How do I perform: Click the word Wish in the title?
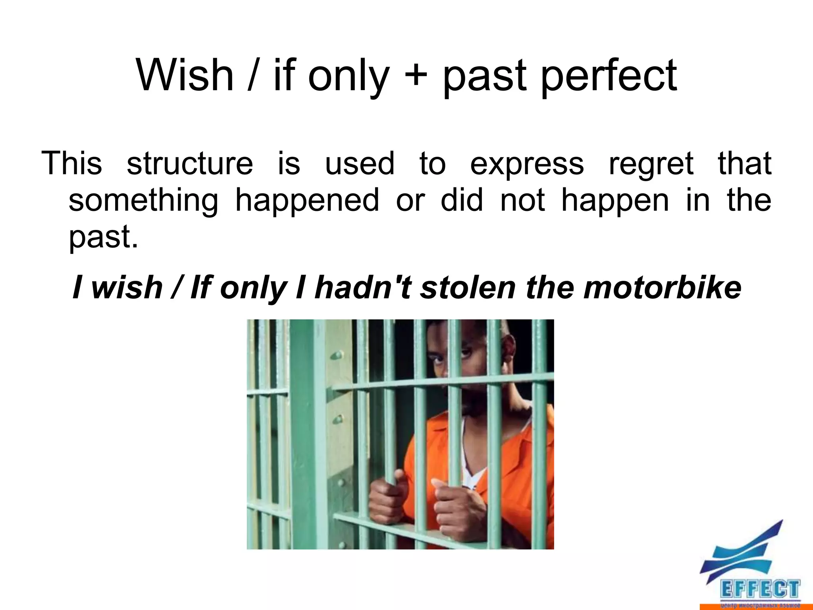185,75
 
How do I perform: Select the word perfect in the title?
609,76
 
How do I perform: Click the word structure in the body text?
190,164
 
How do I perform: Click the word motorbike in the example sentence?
662,287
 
